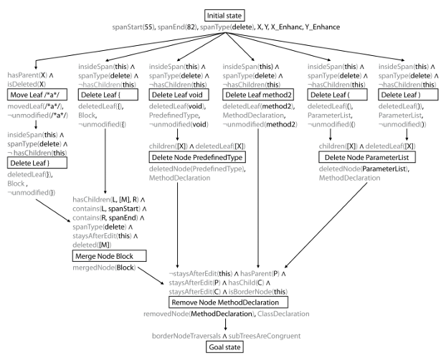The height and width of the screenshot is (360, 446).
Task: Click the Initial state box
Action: point(224,15)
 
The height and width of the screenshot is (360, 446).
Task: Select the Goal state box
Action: point(224,347)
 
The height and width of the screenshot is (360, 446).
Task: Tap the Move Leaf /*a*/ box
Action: point(37,95)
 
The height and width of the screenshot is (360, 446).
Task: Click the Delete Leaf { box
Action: point(108,95)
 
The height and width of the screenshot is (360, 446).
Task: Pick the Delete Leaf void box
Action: point(179,95)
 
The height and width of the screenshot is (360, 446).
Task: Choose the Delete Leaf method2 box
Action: point(258,95)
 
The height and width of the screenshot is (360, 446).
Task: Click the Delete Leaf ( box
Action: point(337,95)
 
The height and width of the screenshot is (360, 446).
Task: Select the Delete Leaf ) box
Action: point(408,95)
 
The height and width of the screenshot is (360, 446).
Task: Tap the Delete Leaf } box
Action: point(37,163)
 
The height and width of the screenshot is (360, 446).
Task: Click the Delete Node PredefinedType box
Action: point(197,157)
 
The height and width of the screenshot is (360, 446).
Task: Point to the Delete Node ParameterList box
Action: point(367,157)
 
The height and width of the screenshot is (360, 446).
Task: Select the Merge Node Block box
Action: point(110,256)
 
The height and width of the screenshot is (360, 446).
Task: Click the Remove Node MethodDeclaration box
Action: point(229,302)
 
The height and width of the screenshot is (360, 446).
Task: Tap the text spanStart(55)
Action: point(133,27)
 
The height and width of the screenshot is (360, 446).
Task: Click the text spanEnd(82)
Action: point(177,27)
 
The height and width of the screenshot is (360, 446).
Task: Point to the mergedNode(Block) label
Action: point(104,267)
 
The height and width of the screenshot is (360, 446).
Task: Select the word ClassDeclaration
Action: point(283,314)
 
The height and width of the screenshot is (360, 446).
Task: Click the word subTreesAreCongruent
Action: point(265,336)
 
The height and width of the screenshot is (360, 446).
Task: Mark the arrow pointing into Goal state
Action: point(226,324)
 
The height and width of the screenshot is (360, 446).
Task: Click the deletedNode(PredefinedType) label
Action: point(197,169)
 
